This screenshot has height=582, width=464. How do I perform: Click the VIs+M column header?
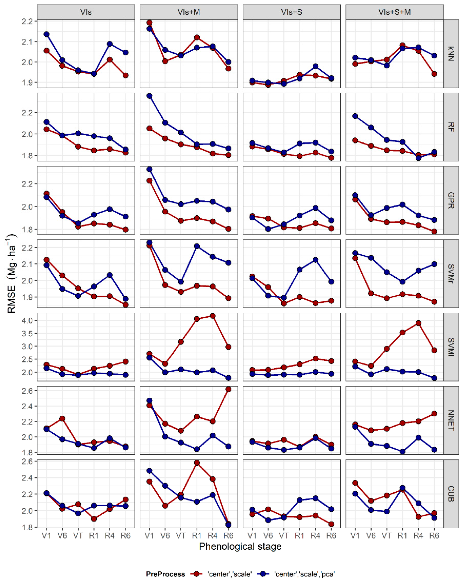coord(189,12)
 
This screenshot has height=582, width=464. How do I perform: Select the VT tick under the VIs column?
coord(78,535)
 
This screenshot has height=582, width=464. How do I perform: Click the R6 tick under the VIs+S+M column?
coord(434,535)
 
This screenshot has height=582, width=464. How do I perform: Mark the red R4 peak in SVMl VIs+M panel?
coord(213,316)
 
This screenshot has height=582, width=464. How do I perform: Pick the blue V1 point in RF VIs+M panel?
coord(149,96)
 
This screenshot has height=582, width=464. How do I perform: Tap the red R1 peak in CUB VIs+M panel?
coord(197,463)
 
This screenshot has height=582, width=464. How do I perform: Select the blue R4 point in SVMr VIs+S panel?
coord(315,260)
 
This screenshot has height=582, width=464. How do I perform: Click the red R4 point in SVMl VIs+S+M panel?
coord(418,323)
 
